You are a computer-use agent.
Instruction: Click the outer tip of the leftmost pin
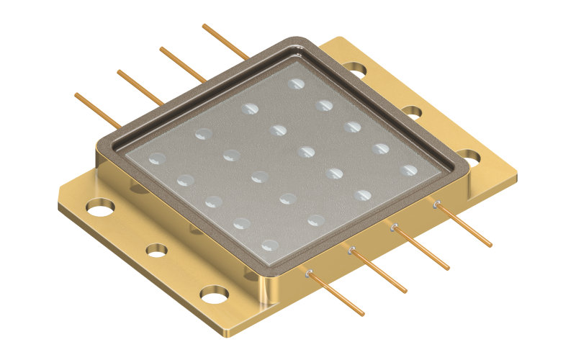tap(76, 94)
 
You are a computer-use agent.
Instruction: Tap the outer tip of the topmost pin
tap(204, 26)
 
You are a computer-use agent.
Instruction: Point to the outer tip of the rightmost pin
tap(491, 246)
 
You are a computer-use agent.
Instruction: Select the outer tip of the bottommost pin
tap(363, 314)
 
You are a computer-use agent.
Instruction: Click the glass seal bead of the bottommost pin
tap(308, 273)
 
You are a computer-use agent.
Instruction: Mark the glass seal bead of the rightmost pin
tap(436, 204)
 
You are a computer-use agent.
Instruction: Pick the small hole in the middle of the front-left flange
tap(156, 250)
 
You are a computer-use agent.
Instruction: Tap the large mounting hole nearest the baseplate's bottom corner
tap(214, 294)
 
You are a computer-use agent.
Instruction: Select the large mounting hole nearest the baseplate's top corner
tap(354, 69)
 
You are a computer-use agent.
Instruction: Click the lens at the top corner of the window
tap(295, 84)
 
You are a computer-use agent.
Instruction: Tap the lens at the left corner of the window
tap(156, 158)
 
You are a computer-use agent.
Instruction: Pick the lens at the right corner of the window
tap(409, 171)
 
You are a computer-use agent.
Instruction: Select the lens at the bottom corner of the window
tap(269, 245)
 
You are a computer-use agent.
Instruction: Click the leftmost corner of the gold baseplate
tap(58, 209)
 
